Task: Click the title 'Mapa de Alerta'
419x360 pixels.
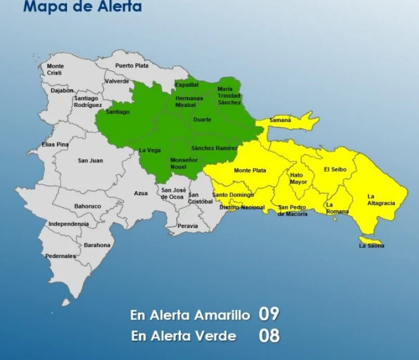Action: (83, 7)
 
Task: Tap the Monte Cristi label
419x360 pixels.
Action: (55, 70)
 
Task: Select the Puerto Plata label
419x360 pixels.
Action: (131, 66)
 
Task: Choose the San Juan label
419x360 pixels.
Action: (90, 161)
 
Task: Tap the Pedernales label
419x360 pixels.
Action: (60, 256)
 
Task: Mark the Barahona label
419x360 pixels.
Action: (97, 245)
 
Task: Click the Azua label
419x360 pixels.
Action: (141, 193)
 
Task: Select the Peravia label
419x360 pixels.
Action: (187, 226)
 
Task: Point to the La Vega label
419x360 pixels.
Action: (150, 150)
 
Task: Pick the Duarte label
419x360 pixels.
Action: (202, 120)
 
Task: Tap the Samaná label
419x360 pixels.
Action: (280, 120)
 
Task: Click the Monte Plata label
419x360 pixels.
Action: (250, 171)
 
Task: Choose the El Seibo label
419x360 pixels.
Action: (334, 170)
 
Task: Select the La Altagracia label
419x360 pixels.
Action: (381, 200)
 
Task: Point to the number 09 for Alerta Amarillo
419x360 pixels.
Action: (269, 314)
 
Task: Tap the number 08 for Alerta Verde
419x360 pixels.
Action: (269, 335)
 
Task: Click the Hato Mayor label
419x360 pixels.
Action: (299, 178)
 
